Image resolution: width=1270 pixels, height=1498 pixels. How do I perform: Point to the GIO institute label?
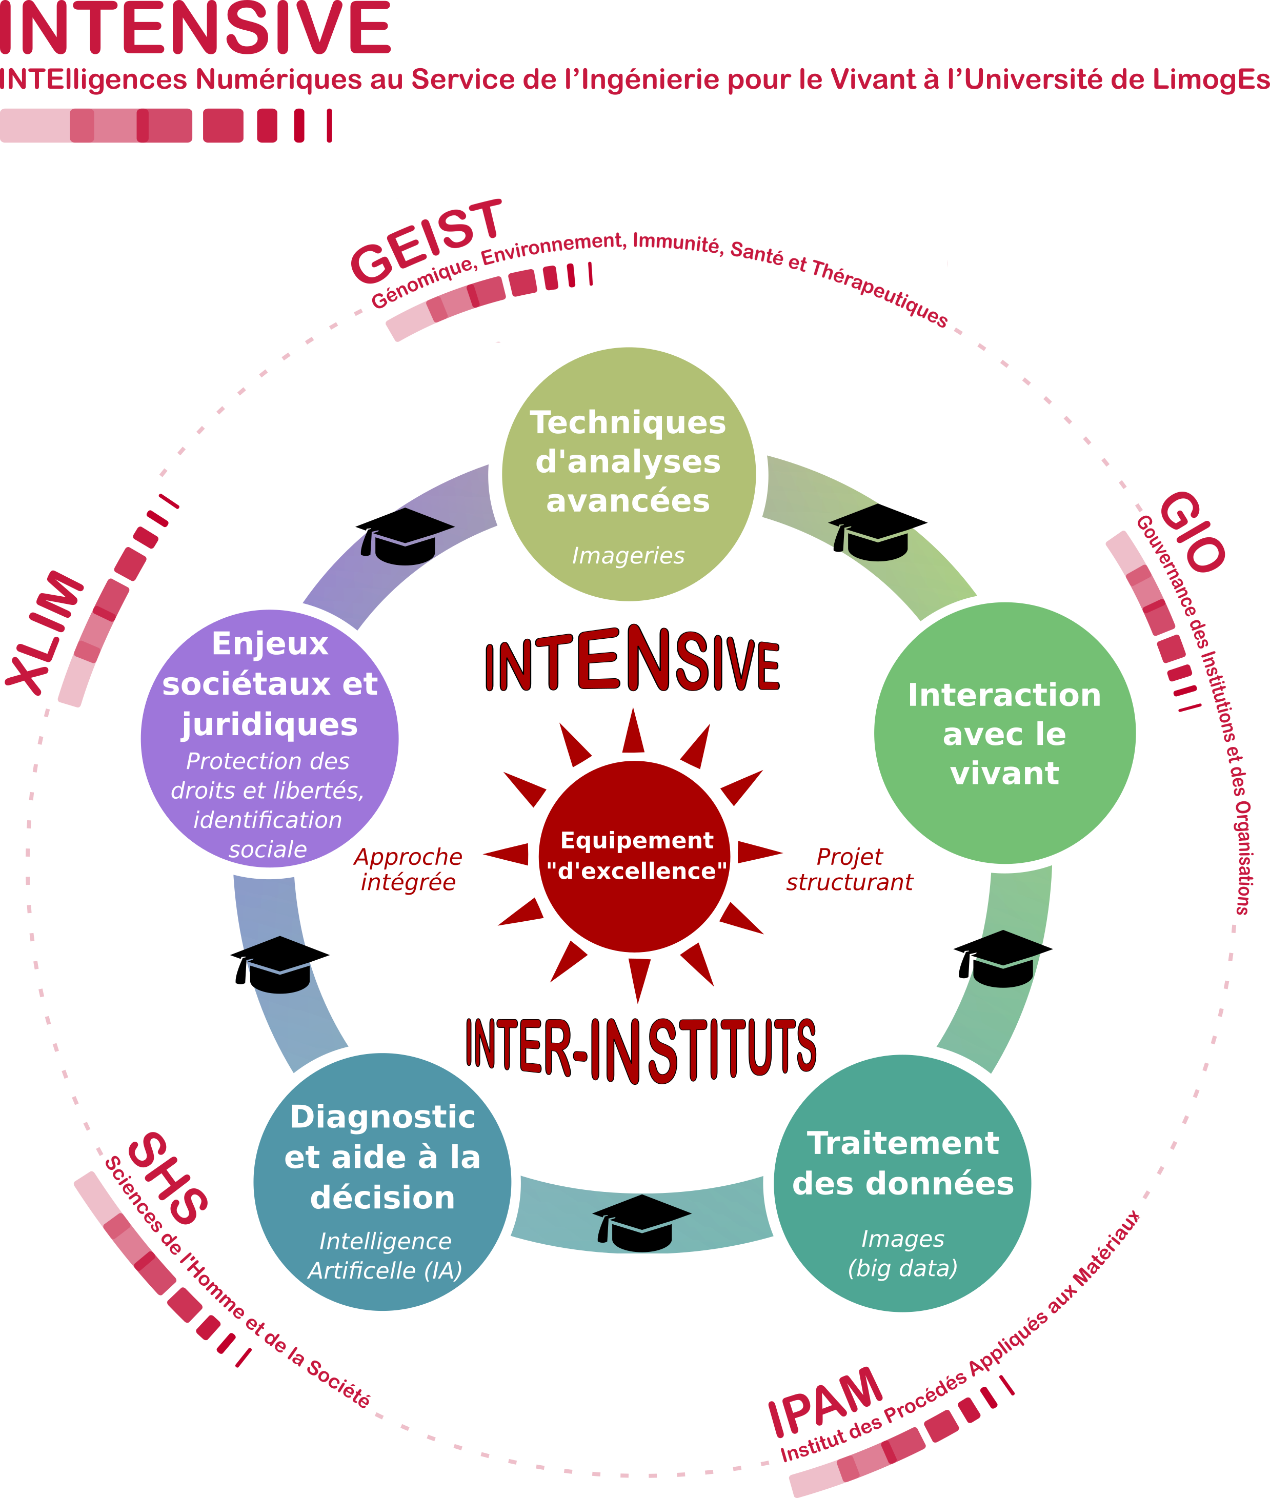(x=1192, y=532)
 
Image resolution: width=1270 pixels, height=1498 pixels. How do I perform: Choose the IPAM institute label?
(x=825, y=1401)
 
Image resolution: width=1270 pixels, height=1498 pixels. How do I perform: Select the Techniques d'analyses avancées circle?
(x=628, y=475)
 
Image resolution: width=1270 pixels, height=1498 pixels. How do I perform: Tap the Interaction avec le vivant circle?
(x=1004, y=733)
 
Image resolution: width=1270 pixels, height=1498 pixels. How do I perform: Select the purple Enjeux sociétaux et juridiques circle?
(x=269, y=739)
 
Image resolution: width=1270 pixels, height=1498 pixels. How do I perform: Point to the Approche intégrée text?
(x=408, y=869)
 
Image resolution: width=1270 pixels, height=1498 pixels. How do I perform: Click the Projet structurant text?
(x=850, y=869)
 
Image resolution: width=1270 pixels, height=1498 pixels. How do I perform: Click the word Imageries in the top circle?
(x=628, y=556)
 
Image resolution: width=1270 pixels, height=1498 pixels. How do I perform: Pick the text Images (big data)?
(x=903, y=1253)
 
